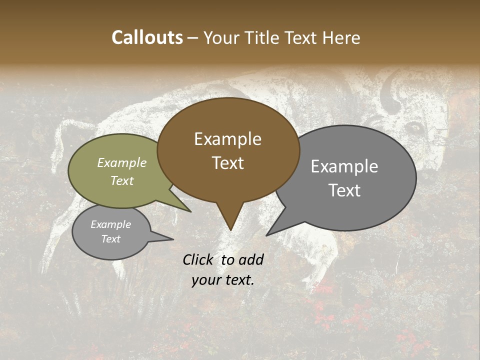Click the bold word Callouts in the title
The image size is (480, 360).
[147, 37]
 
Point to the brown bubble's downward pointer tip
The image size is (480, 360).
[230, 230]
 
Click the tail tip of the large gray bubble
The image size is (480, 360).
[266, 235]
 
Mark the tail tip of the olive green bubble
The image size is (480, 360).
[190, 211]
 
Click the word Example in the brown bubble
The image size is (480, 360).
[227, 139]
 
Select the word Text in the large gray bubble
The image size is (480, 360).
[345, 190]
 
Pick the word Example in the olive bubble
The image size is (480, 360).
[122, 162]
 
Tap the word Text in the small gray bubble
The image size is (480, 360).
[111, 239]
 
